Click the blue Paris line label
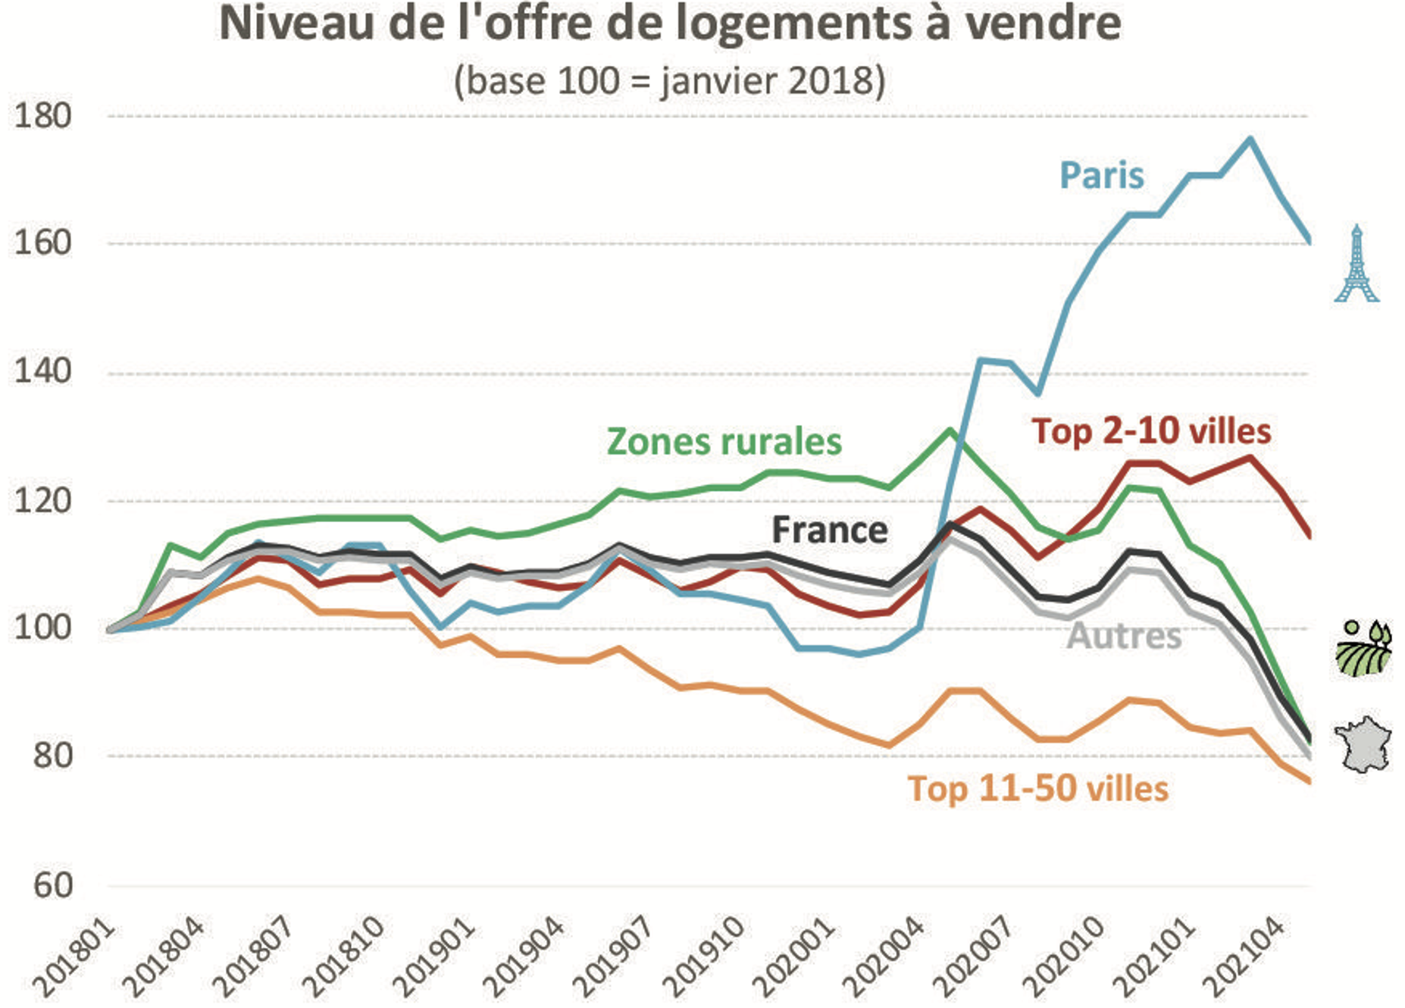(x=1101, y=176)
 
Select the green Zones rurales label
(x=724, y=442)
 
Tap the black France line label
(x=829, y=530)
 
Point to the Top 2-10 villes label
(x=1150, y=431)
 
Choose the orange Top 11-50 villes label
(x=1037, y=789)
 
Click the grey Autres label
(x=1124, y=636)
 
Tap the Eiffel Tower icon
(x=1356, y=264)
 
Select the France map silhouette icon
(x=1363, y=744)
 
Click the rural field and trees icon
(x=1363, y=648)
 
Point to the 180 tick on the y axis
(x=42, y=116)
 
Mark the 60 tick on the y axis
(x=52, y=884)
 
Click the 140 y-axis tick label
(x=42, y=371)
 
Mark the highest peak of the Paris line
(x=1250, y=139)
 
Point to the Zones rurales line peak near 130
(x=949, y=430)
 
